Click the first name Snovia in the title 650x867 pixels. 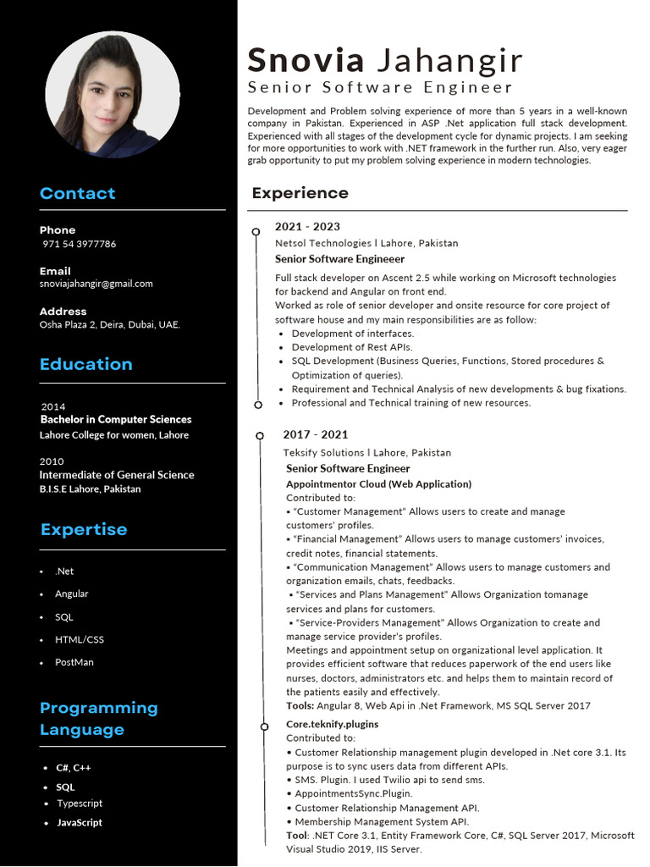click(306, 61)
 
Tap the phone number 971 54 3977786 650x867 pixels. click(80, 244)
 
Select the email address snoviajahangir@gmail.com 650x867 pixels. click(96, 284)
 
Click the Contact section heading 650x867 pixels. click(77, 193)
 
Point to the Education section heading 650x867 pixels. click(85, 364)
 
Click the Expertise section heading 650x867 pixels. click(83, 529)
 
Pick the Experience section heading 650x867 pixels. click(300, 193)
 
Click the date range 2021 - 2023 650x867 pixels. click(307, 226)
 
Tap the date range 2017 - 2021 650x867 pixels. click(315, 434)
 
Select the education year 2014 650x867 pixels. click(52, 406)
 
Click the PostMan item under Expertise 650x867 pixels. click(74, 662)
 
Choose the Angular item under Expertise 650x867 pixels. click(72, 594)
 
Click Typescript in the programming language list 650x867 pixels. click(80, 803)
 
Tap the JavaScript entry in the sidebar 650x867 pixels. click(80, 822)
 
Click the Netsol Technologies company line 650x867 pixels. click(366, 243)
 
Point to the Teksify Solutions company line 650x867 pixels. click(366, 453)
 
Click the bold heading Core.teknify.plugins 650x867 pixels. click(332, 724)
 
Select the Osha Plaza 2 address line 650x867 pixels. click(109, 324)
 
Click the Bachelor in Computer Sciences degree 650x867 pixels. click(115, 419)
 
